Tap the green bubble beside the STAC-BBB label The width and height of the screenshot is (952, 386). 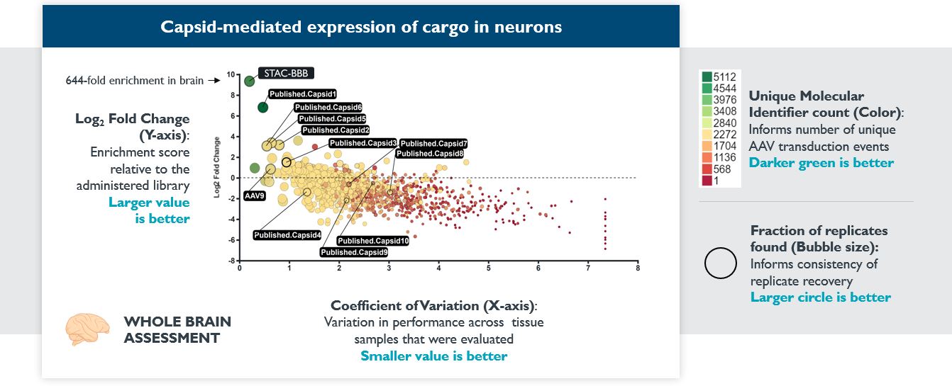pyautogui.click(x=249, y=81)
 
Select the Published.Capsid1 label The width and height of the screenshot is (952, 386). pyautogui.click(x=303, y=93)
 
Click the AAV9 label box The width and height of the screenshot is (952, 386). pyautogui.click(x=254, y=195)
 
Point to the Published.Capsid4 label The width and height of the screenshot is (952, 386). pyautogui.click(x=287, y=235)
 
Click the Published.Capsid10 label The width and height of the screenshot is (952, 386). pyautogui.click(x=374, y=241)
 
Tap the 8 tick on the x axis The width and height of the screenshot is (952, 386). pyautogui.click(x=638, y=268)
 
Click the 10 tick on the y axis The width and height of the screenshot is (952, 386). pyautogui.click(x=231, y=74)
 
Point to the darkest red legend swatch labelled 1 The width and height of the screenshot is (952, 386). pyautogui.click(x=707, y=181)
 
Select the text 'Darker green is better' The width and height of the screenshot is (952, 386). pyautogui.click(x=821, y=163)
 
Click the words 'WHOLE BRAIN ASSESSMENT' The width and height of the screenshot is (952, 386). pyautogui.click(x=177, y=330)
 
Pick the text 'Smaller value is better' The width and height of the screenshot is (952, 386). pyautogui.click(x=433, y=356)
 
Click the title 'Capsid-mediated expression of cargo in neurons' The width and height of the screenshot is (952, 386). pyautogui.click(x=361, y=28)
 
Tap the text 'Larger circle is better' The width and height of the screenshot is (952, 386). pyautogui.click(x=821, y=297)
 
